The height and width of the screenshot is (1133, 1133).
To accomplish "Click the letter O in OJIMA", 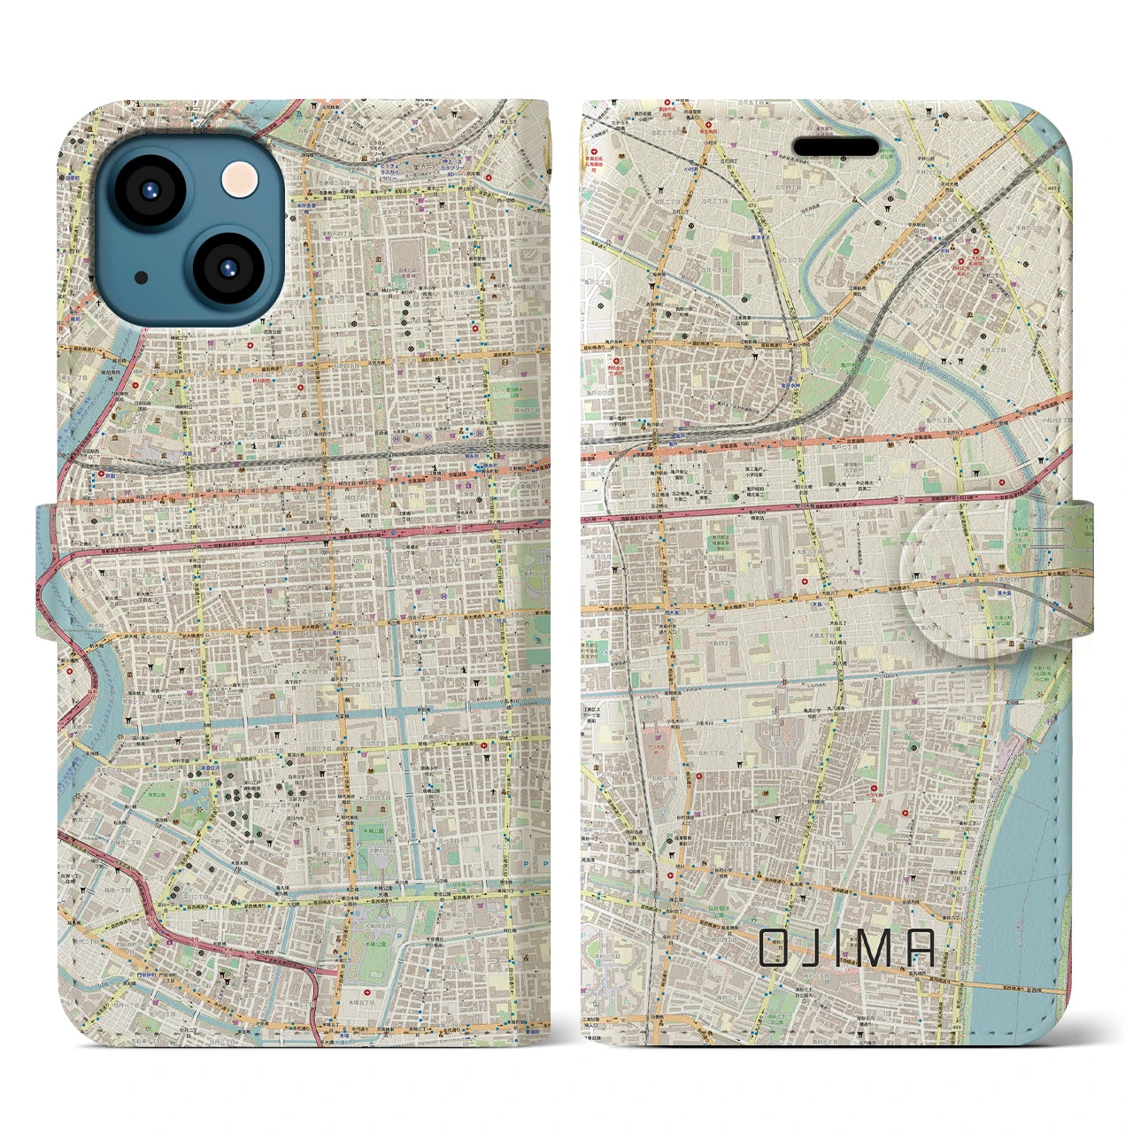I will coord(775,948).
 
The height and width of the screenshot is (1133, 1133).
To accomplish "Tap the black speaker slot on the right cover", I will coord(836,146).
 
